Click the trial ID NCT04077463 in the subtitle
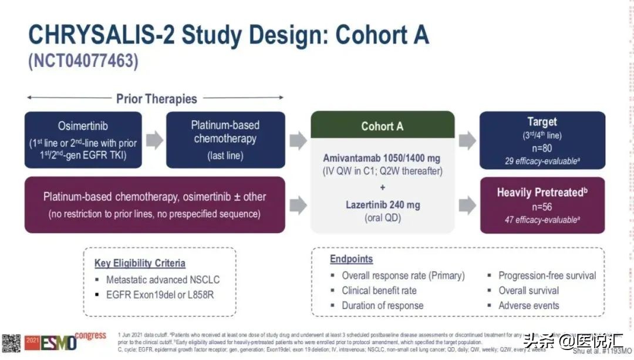pyautogui.click(x=83, y=62)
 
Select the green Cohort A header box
pyautogui.click(x=382, y=126)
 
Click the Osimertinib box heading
pyautogui.click(x=83, y=126)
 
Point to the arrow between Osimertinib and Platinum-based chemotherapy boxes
pyautogui.click(x=154, y=140)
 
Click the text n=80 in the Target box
pyautogui.click(x=541, y=149)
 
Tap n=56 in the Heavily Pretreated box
pyautogui.click(x=541, y=207)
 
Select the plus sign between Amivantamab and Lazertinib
pyautogui.click(x=382, y=187)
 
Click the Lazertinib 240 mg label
pyautogui.click(x=382, y=204)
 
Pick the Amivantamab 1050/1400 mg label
pyautogui.click(x=382, y=159)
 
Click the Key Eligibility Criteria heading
pyautogui.click(x=140, y=264)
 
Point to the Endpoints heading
pyautogui.click(x=351, y=259)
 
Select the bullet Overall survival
pyautogui.click(x=528, y=290)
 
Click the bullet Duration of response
pyautogui.click(x=382, y=305)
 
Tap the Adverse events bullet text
pyautogui.click(x=528, y=305)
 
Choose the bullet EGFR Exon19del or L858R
pyautogui.click(x=160, y=294)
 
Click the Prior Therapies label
pyautogui.click(x=156, y=98)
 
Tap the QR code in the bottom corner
pyautogui.click(x=11, y=343)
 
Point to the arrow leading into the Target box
pyautogui.click(x=467, y=140)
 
